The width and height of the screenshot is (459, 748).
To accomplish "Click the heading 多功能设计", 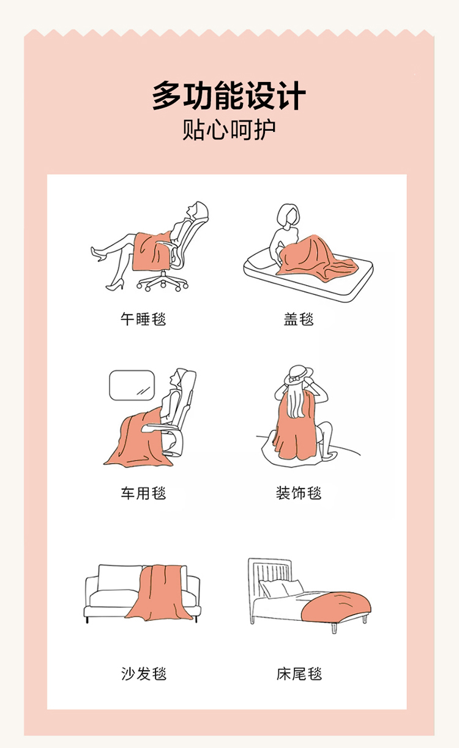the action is pyautogui.click(x=229, y=95).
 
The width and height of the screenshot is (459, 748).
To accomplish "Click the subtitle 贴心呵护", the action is pyautogui.click(x=229, y=130).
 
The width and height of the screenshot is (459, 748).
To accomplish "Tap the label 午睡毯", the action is pyautogui.click(x=143, y=319).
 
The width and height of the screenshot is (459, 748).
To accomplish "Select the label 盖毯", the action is pyautogui.click(x=299, y=319).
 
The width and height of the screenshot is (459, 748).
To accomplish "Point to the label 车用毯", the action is pyautogui.click(x=143, y=493).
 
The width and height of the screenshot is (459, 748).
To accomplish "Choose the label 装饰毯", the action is pyautogui.click(x=299, y=493).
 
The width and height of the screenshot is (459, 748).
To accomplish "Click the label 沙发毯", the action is pyautogui.click(x=144, y=673).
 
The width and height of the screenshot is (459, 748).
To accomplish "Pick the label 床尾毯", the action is pyautogui.click(x=299, y=673).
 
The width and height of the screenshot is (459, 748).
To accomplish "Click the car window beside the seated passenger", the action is pyautogui.click(x=132, y=385).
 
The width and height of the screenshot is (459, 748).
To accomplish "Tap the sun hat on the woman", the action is pyautogui.click(x=298, y=375).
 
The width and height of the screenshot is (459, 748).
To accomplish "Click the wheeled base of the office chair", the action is pyautogui.click(x=163, y=282).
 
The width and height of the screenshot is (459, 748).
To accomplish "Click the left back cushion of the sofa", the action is pyautogui.click(x=119, y=577).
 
